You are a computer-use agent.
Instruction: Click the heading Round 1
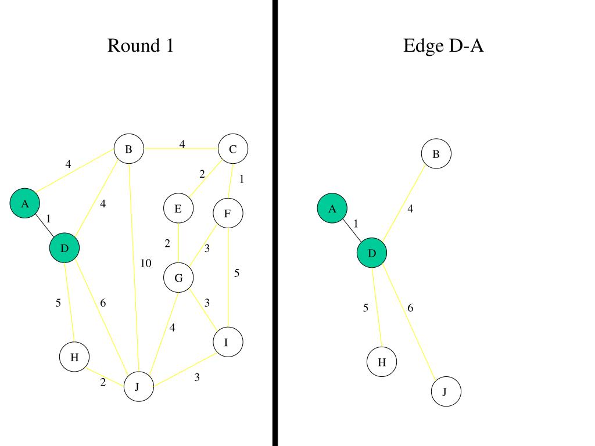(141, 45)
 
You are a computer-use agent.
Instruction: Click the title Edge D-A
(443, 45)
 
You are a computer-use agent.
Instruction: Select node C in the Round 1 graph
(233, 149)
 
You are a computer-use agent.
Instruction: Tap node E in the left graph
(178, 209)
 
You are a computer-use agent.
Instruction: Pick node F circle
(228, 214)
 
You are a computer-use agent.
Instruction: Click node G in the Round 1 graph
(178, 278)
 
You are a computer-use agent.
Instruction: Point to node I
(228, 342)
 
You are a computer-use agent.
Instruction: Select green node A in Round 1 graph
(24, 204)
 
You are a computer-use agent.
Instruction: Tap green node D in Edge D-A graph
(372, 253)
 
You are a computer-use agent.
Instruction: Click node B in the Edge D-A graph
(436, 154)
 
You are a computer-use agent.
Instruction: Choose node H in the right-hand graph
(382, 362)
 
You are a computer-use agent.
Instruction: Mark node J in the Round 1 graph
(139, 387)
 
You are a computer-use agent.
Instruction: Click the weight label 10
(145, 264)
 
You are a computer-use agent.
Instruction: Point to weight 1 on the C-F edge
(242, 179)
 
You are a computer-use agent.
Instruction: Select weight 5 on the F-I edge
(236, 273)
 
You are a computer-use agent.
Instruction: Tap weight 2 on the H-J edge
(103, 382)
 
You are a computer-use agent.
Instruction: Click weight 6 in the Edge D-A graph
(410, 308)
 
